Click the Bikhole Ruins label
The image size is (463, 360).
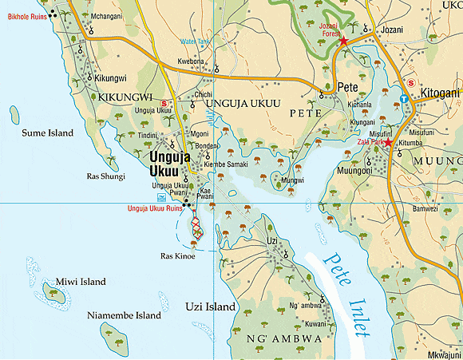[26, 16]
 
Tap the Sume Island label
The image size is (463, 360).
[47, 133]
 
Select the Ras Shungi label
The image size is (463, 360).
[105, 176]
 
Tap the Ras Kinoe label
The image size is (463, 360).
[178, 256]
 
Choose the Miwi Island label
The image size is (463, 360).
[81, 282]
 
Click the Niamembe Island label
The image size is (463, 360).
[124, 315]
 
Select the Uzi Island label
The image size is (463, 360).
[211, 307]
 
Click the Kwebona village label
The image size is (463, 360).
[192, 61]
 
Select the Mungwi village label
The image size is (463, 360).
[292, 180]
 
